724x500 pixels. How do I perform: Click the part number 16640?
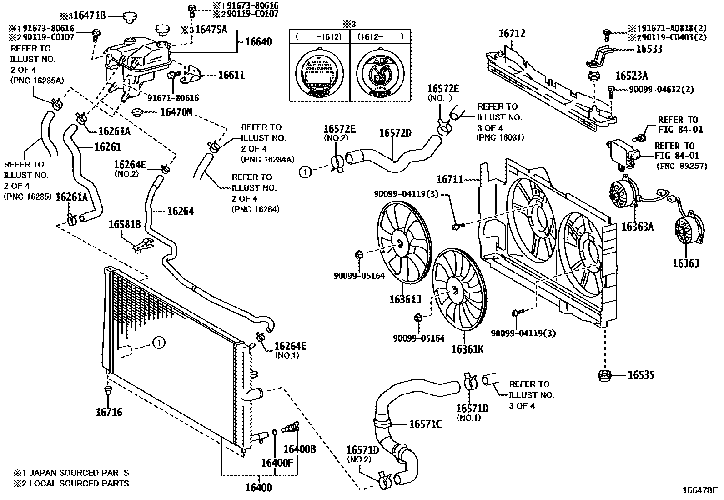(x=258, y=42)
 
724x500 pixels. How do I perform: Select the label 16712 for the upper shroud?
(x=512, y=34)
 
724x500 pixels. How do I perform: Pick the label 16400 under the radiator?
(x=258, y=488)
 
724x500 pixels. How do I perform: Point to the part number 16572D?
(x=395, y=133)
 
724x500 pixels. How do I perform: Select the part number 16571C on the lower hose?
(x=425, y=424)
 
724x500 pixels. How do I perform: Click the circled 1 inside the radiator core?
(x=158, y=343)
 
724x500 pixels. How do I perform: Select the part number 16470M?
(x=176, y=112)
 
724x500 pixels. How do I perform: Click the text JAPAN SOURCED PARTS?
(x=79, y=473)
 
